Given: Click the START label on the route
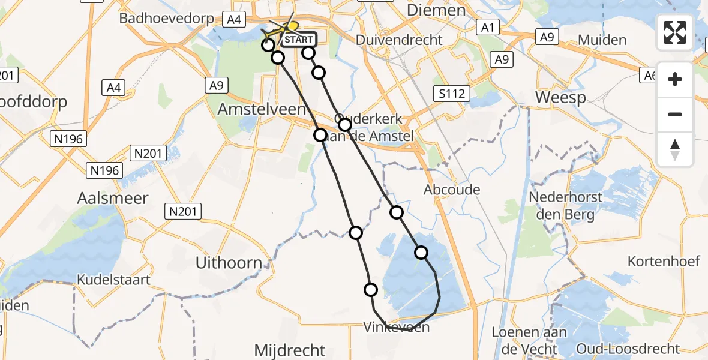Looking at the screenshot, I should [x=298, y=40].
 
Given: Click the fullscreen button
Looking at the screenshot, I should [x=675, y=32].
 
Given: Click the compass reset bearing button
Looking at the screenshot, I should [x=675, y=149].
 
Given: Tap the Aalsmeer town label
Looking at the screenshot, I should [x=113, y=198].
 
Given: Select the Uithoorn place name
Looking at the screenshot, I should [x=229, y=263].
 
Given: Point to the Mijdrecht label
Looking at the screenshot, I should [x=290, y=350].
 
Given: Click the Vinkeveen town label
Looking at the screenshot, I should [x=397, y=327].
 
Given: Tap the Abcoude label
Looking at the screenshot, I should [x=452, y=190].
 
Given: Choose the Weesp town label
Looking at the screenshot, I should [x=560, y=97].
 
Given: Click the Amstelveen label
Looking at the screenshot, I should [x=262, y=109].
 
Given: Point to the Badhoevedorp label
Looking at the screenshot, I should [x=167, y=19].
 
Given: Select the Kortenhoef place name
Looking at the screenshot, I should [x=664, y=261].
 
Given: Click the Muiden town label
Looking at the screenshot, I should [x=602, y=40].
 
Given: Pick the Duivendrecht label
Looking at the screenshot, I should [x=399, y=40].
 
